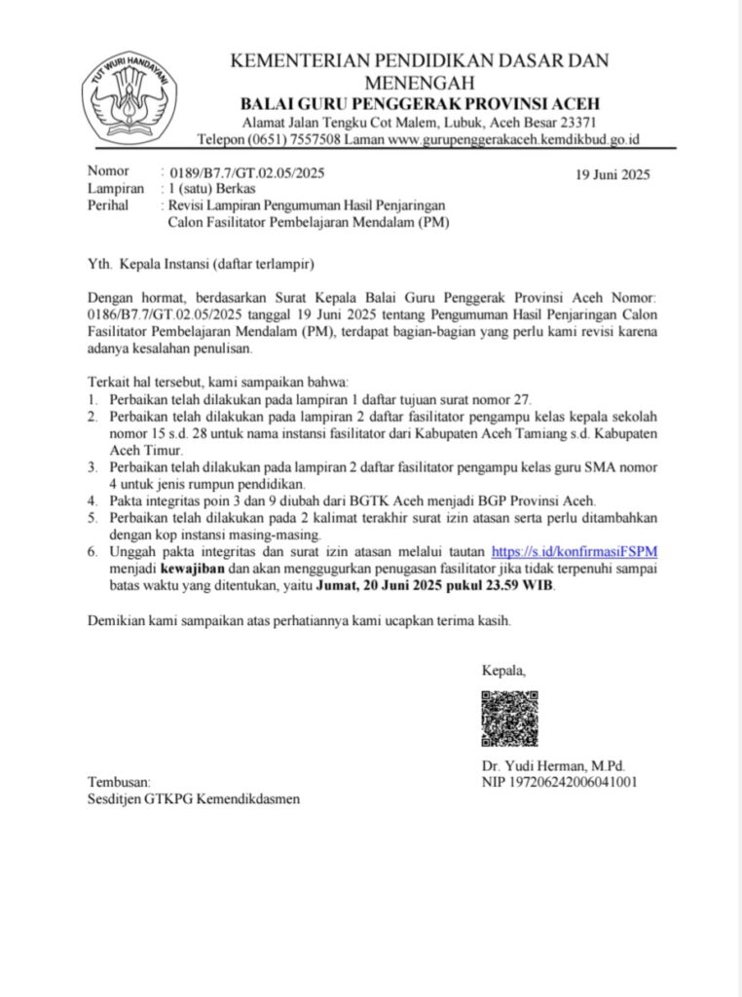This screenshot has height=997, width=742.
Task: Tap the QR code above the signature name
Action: pyautogui.click(x=509, y=719)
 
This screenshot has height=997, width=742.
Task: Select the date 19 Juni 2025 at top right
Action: pyautogui.click(x=612, y=175)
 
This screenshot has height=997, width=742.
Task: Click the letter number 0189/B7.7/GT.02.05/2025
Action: pyautogui.click(x=246, y=172)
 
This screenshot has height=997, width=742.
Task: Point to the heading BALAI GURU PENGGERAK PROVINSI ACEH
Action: pyautogui.click(x=421, y=104)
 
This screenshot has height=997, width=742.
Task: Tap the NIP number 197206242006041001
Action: pyautogui.click(x=560, y=782)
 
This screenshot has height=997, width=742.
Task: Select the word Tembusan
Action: pyautogui.click(x=120, y=782)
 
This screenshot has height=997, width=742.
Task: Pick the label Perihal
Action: pyautogui.click(x=108, y=205)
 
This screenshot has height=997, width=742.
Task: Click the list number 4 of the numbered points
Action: pyautogui.click(x=92, y=501)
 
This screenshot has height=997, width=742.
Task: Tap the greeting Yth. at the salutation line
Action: pyautogui.click(x=99, y=263)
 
